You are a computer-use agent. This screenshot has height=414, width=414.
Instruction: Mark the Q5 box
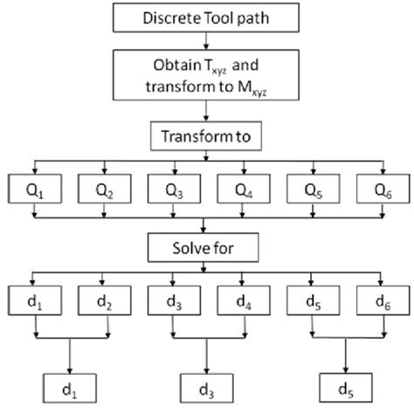[308, 190]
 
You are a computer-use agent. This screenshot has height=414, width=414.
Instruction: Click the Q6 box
[377, 190]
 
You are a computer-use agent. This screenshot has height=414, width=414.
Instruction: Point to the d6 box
[377, 300]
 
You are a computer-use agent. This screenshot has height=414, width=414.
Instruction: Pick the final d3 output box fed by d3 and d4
[206, 383]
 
